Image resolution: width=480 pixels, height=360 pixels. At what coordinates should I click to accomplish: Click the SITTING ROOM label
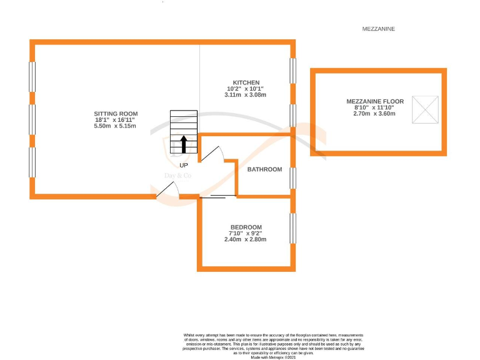(x=115, y=112)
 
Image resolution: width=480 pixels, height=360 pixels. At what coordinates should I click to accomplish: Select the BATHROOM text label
(x=264, y=169)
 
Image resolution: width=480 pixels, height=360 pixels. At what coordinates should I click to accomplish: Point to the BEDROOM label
(x=246, y=227)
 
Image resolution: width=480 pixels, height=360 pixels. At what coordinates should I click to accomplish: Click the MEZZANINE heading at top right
(x=379, y=29)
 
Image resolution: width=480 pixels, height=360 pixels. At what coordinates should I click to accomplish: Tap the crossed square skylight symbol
(x=428, y=111)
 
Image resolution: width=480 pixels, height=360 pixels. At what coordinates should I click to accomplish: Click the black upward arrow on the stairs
(x=184, y=144)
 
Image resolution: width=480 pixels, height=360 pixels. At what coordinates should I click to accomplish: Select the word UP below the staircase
(x=184, y=166)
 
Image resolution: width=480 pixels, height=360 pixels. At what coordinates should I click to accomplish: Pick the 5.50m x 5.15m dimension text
(x=115, y=126)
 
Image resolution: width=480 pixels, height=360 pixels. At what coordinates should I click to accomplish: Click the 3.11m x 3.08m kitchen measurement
(x=245, y=95)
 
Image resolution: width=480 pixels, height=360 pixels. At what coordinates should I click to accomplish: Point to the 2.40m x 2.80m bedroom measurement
(x=246, y=239)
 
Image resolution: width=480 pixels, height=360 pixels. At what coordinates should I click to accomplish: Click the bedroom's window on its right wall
(x=291, y=229)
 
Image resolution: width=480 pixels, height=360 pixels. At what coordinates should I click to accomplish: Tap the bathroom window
(x=292, y=178)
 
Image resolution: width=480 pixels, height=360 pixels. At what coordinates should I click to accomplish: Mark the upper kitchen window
(x=292, y=70)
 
